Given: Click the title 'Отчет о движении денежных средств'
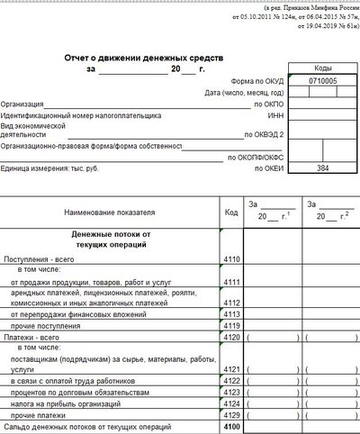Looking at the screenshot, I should point(143,57).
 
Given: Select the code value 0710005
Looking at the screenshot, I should point(323,81).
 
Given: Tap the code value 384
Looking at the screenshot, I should point(323,168).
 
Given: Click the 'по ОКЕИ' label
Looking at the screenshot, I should point(270,168).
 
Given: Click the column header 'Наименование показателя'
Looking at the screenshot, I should point(110,212).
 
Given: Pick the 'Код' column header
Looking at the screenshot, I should point(230,212).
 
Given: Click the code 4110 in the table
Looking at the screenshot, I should point(231,259).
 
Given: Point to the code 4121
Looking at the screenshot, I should point(231,369).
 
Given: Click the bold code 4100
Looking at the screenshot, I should point(231,424).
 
